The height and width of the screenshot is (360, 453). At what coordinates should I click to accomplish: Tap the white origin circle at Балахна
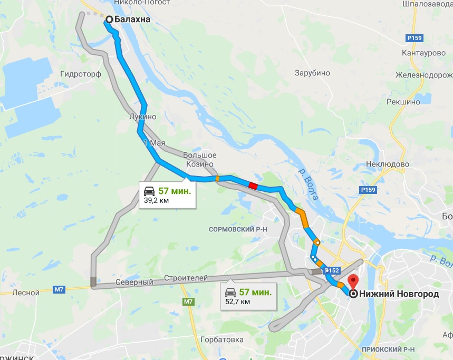[109, 20]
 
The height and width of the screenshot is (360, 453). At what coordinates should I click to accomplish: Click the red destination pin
[353, 280]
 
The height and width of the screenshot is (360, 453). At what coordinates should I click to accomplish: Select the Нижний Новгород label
[399, 294]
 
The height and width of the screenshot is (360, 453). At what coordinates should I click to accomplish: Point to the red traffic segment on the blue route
[253, 185]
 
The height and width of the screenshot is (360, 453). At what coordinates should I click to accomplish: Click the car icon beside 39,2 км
[149, 191]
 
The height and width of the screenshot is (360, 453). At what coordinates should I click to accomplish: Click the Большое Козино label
[200, 159]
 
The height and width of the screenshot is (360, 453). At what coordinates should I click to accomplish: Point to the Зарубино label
[312, 73]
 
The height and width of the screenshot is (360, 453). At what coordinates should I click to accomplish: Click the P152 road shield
[332, 270]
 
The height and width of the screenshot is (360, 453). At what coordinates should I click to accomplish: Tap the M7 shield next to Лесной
[59, 289]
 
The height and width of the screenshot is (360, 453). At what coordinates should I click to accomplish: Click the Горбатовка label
[221, 339]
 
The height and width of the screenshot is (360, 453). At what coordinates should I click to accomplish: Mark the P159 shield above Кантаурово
[414, 38]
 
